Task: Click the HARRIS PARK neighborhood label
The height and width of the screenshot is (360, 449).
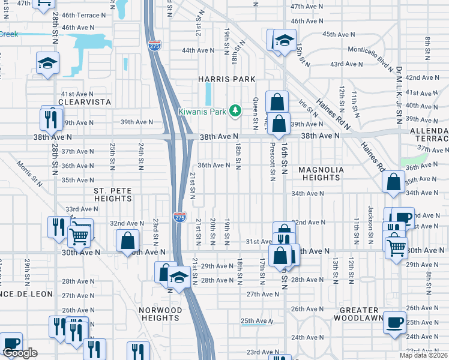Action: click(x=228, y=79)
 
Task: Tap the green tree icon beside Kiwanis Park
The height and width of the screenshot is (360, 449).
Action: click(x=237, y=111)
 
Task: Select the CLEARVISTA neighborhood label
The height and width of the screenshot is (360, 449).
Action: click(x=86, y=103)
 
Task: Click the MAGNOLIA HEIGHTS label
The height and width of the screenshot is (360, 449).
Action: click(x=321, y=173)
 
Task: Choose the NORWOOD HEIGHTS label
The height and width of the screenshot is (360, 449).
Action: click(x=160, y=314)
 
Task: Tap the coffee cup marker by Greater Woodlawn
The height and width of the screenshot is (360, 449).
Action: click(x=394, y=322)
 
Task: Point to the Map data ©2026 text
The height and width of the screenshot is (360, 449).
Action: click(x=424, y=355)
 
